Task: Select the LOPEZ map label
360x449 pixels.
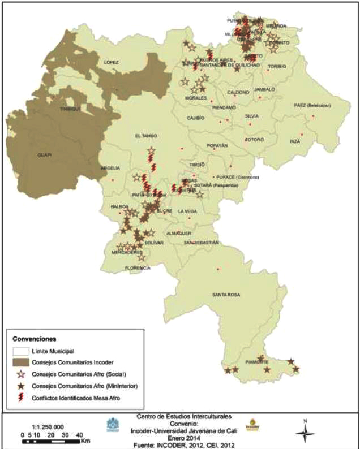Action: [x=110, y=62]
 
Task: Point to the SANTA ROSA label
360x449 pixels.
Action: [x=226, y=295]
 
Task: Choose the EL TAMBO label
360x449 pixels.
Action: [x=145, y=136]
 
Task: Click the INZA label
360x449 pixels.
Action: [x=295, y=141]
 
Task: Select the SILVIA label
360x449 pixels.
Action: [x=252, y=116]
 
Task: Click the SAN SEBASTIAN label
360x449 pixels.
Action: [x=201, y=242]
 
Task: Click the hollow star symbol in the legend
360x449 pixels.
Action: [x=21, y=375]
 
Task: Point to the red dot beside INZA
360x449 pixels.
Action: [x=302, y=134]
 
